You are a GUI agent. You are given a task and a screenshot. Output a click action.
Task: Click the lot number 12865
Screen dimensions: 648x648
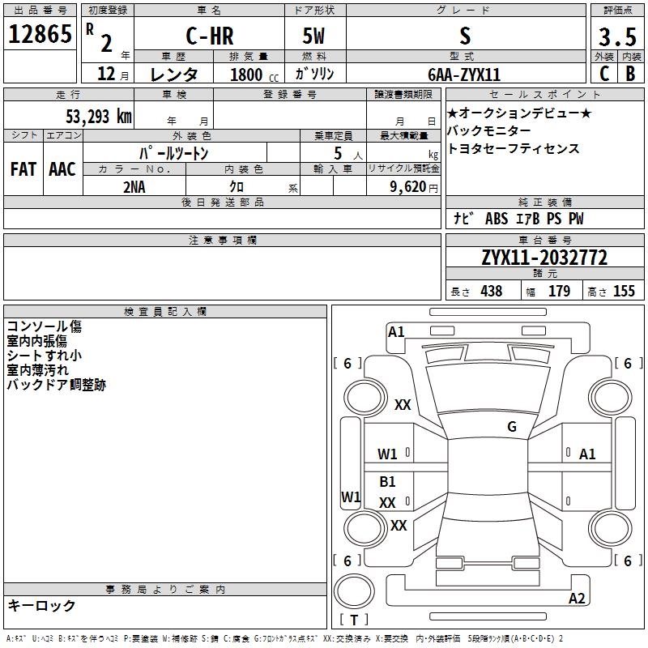[40, 36]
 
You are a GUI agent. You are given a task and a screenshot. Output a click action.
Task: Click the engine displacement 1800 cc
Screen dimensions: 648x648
[252, 75]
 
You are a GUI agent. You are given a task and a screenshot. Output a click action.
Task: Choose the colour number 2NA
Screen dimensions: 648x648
[134, 185]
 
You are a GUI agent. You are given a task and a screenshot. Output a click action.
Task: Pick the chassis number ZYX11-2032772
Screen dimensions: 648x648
[544, 258]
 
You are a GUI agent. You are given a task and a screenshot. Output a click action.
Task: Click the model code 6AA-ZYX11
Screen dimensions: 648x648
[464, 75]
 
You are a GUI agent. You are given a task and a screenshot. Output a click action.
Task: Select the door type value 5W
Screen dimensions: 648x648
[314, 36]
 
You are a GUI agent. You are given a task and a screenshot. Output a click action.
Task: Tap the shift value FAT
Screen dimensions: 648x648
[23, 169]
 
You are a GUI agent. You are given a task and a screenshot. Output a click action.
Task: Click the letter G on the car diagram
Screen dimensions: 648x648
[512, 427]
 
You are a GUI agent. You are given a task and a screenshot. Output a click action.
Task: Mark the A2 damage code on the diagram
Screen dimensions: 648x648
[577, 599]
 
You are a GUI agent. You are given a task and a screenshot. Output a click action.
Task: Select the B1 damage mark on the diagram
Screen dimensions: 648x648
[387, 482]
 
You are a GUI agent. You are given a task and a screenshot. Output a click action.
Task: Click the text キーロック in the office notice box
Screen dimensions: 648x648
[41, 605]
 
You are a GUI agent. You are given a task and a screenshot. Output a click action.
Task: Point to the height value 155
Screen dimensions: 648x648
[624, 292]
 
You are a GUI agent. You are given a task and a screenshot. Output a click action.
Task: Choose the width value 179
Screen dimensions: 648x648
[559, 292]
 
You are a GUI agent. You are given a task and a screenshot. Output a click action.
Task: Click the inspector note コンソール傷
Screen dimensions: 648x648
[44, 327]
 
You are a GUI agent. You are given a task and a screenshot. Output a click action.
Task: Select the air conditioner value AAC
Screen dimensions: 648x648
[62, 169]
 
